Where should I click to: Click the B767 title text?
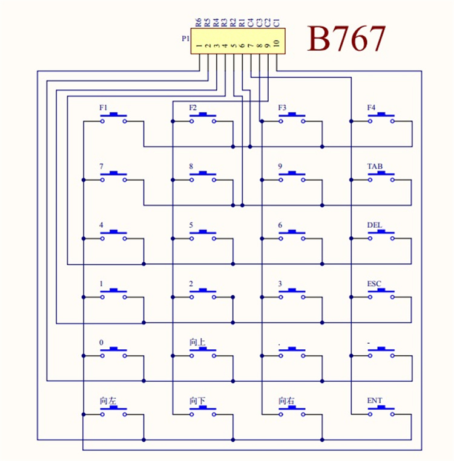pos(346,40)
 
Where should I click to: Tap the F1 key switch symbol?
pos(114,119)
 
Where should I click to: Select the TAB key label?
pos(375,166)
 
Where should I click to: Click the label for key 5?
pos(191,225)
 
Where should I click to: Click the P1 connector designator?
pos(185,38)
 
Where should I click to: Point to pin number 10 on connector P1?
pos(276,44)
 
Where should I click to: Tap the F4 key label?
pos(372,108)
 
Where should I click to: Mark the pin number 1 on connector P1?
pos(199,44)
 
